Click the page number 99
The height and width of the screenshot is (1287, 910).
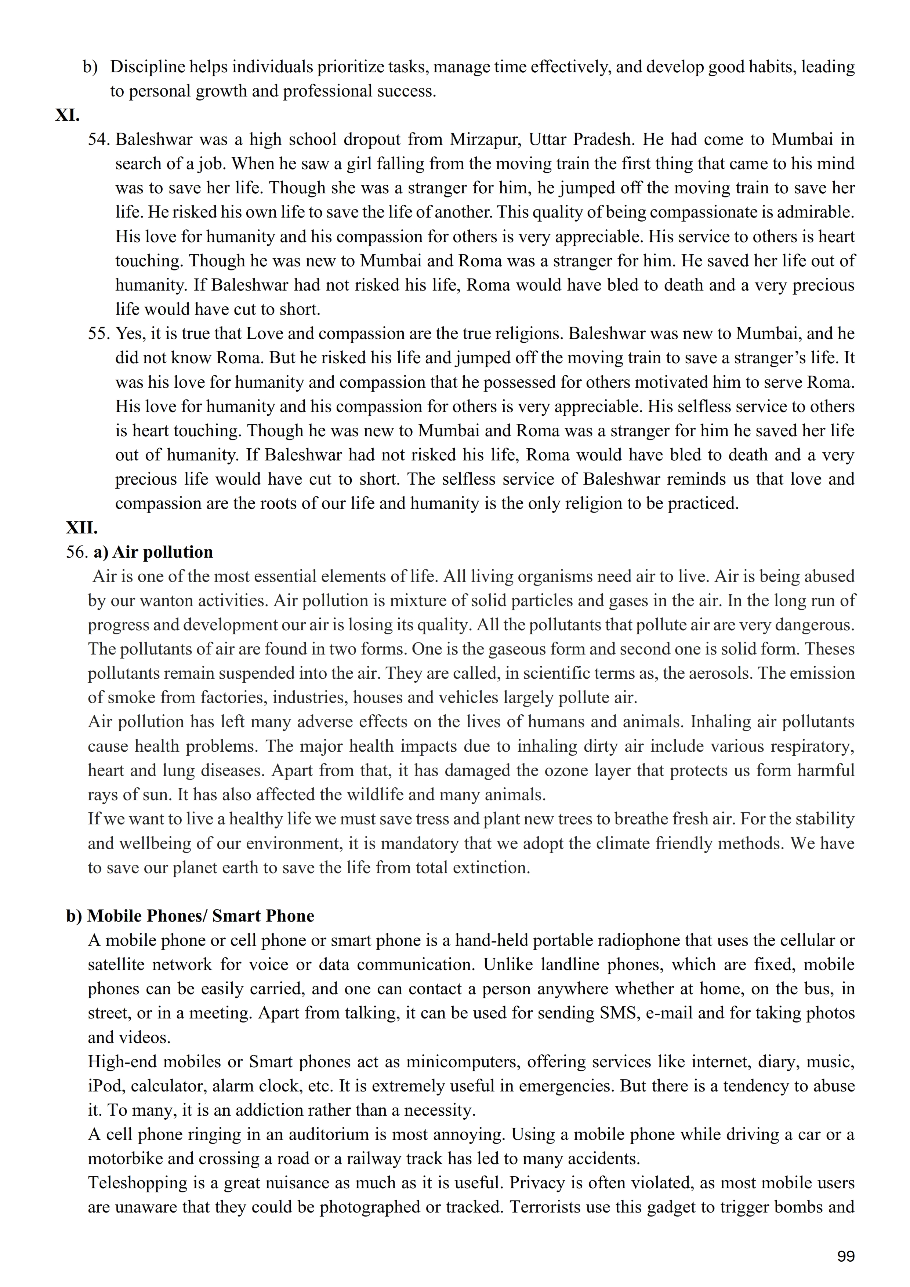[x=845, y=1256]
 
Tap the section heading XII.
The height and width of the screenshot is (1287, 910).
[x=82, y=528]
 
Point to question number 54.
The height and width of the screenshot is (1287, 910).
[x=99, y=139]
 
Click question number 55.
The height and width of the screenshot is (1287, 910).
[x=99, y=333]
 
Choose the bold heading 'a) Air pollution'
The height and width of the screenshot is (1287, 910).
[x=153, y=552]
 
